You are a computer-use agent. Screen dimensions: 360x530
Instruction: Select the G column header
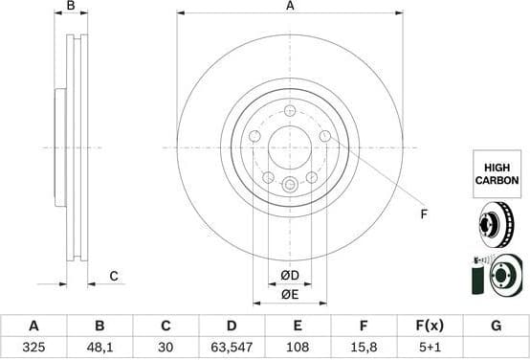496,326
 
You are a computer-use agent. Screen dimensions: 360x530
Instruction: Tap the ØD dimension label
290,277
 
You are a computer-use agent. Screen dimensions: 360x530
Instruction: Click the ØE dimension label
290,296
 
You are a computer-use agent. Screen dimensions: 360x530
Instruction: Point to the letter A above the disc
290,7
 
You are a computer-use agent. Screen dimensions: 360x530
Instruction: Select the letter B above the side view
71,7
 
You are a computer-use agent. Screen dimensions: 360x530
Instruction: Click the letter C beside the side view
113,277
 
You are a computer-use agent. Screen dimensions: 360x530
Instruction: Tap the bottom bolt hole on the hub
290,185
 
